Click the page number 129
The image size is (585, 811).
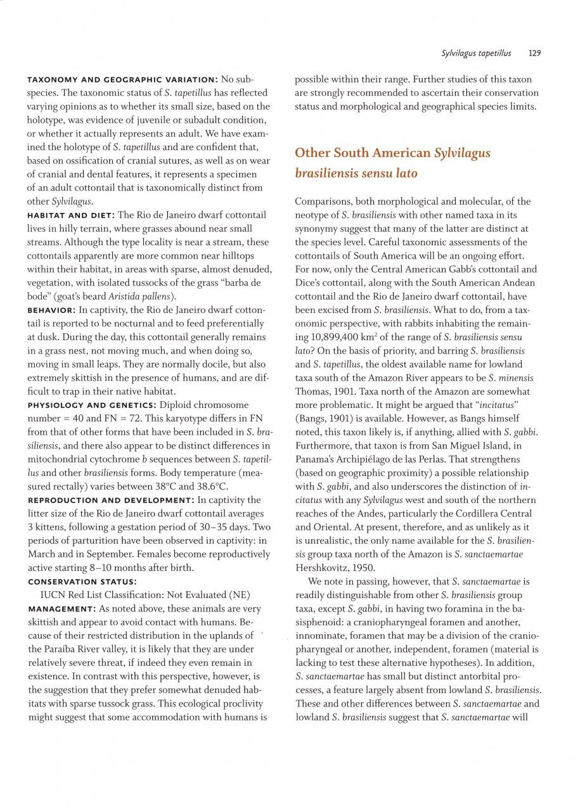[x=534, y=53]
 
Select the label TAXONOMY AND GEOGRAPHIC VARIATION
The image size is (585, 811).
[x=122, y=80]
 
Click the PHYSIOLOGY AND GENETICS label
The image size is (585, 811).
[x=93, y=405]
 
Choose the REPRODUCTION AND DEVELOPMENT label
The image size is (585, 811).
[x=110, y=500]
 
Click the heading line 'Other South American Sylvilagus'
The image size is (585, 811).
[x=392, y=153]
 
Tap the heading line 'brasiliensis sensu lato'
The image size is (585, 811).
[x=356, y=172]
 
